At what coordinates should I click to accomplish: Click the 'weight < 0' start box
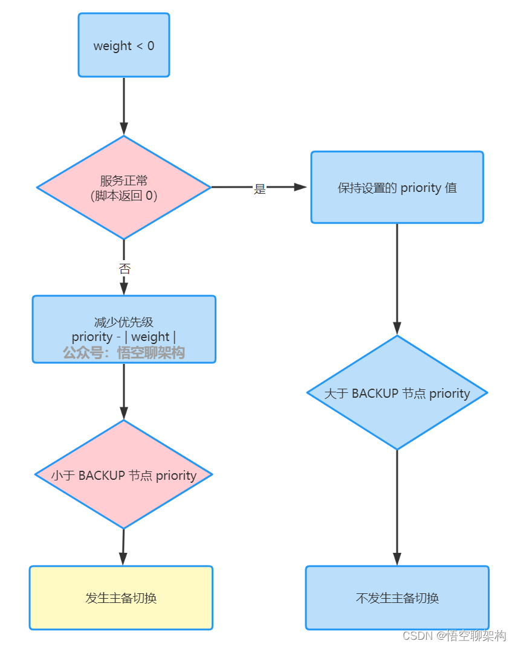click(123, 45)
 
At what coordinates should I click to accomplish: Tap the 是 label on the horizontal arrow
click(259, 189)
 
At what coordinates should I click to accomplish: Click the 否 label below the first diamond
click(124, 269)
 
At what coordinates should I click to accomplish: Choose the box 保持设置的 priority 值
click(397, 188)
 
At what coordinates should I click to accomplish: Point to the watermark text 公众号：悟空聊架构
click(124, 353)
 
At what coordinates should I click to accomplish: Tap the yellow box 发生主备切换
click(121, 598)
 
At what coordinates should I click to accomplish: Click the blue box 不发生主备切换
click(397, 598)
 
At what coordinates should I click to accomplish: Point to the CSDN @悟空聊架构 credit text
click(454, 636)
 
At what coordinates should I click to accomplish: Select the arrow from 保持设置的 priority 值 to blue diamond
click(397, 278)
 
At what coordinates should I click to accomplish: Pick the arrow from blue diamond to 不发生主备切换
click(397, 507)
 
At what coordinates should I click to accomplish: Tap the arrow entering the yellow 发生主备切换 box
click(123, 547)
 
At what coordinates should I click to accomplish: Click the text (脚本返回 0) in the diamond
click(124, 196)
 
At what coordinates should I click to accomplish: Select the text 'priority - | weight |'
click(124, 337)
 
